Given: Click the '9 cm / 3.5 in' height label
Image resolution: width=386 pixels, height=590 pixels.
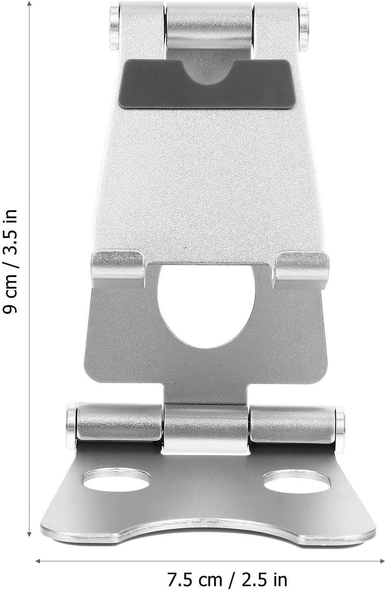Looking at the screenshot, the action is point(10,261).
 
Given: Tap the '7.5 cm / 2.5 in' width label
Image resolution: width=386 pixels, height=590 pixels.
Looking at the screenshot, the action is point(227,579).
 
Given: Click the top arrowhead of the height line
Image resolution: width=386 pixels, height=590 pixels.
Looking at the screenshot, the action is point(30,3).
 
